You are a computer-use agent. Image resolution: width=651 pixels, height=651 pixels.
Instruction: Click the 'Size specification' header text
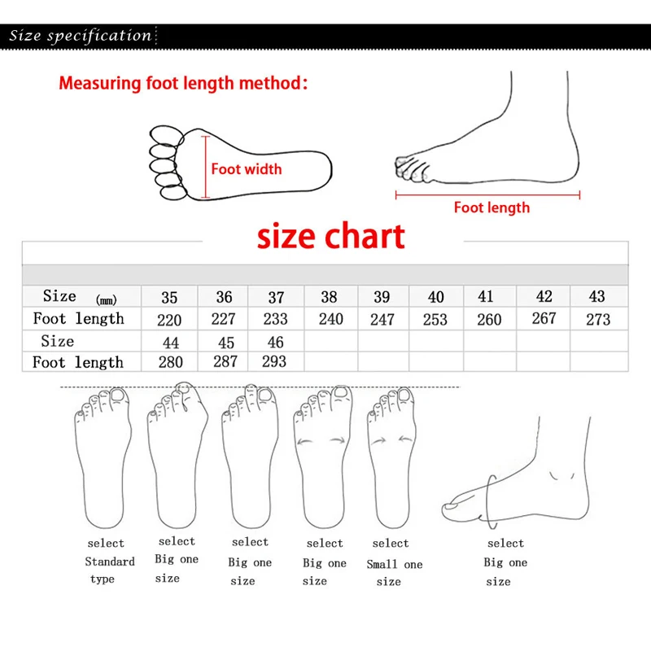coord(81,36)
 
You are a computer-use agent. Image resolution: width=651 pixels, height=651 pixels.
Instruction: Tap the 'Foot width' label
coord(247,169)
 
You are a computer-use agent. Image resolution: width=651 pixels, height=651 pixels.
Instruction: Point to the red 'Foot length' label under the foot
coord(492,208)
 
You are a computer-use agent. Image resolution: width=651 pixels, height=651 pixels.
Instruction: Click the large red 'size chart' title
coord(331,236)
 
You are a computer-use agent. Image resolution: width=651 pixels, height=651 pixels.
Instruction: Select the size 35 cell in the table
coord(169,298)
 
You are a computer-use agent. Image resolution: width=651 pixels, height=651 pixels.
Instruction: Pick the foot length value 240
coord(331,319)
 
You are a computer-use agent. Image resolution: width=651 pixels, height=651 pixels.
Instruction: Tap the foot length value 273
coord(598,319)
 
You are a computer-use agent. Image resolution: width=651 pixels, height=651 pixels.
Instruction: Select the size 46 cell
coord(275,342)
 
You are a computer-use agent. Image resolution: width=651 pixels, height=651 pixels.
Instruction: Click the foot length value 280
coord(170,362)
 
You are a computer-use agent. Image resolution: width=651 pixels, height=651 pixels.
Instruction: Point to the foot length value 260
coord(489,320)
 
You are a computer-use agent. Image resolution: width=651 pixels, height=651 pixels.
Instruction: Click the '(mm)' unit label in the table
coord(107,300)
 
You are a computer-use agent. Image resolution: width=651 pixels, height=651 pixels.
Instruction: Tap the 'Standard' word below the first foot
coord(110,561)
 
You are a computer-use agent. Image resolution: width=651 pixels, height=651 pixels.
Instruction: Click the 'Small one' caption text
coord(395,563)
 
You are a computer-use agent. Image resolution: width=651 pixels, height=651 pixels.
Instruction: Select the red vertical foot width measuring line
coord(206,168)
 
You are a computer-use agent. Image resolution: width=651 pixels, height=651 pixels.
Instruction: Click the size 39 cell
coord(382,298)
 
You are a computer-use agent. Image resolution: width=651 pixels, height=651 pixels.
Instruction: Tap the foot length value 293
coord(274,361)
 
